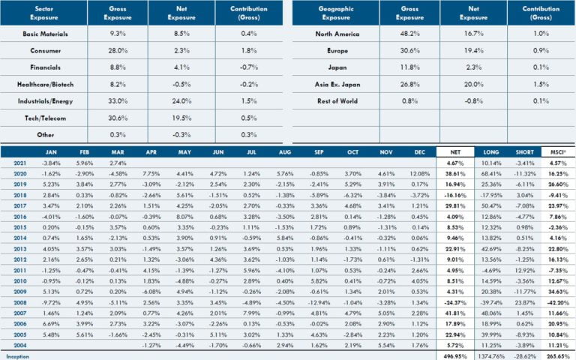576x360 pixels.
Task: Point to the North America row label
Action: [x=337, y=34]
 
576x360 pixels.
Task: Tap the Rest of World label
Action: [x=337, y=101]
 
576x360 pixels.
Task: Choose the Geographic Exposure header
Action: [x=337, y=12]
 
